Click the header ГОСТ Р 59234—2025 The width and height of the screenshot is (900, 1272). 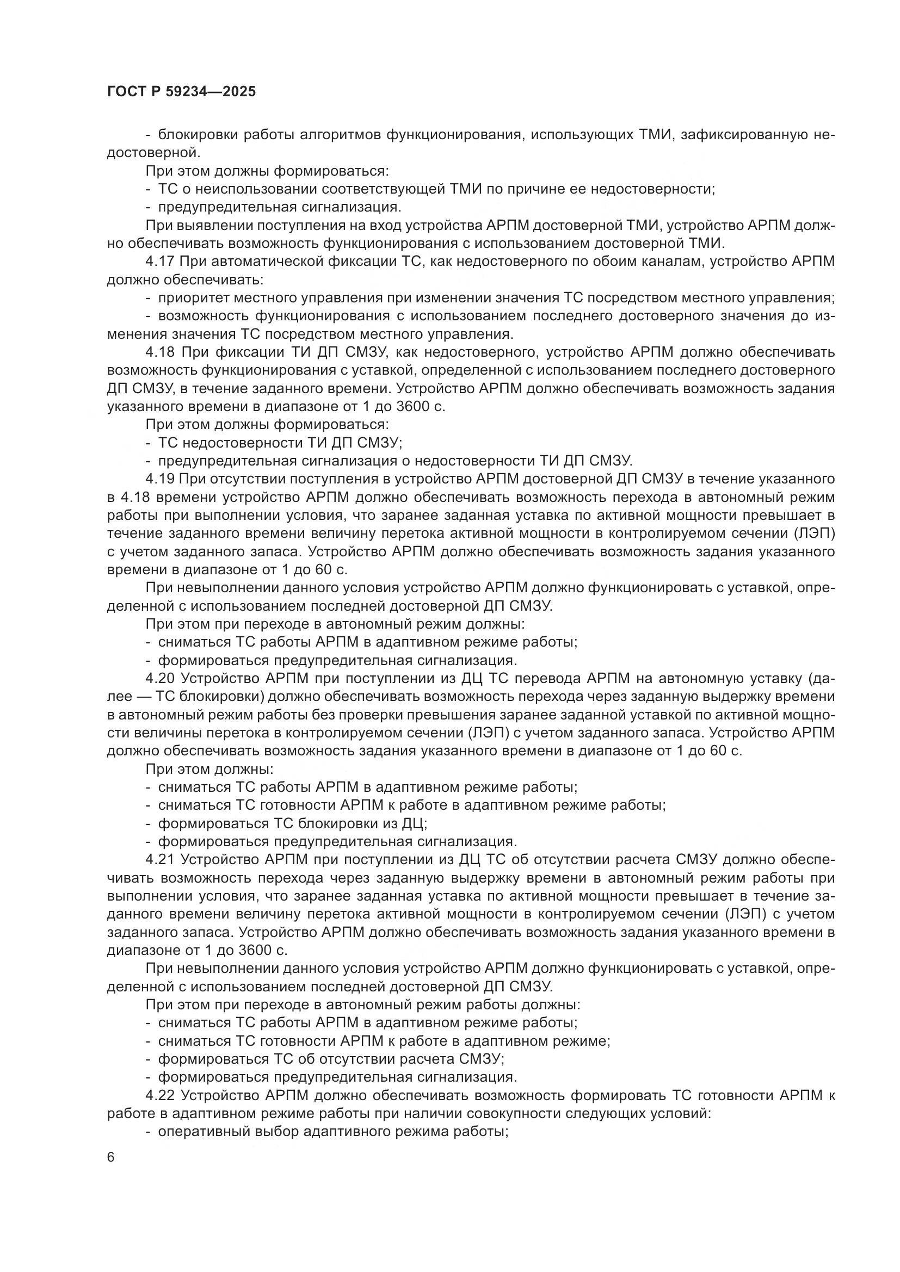coord(181,91)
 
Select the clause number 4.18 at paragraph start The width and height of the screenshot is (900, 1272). coord(161,352)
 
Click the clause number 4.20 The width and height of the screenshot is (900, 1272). coord(161,679)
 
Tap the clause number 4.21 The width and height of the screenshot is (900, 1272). coord(161,860)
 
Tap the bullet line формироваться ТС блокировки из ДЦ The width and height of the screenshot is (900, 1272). coord(293,824)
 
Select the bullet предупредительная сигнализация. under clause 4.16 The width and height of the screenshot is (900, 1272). coord(280,207)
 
